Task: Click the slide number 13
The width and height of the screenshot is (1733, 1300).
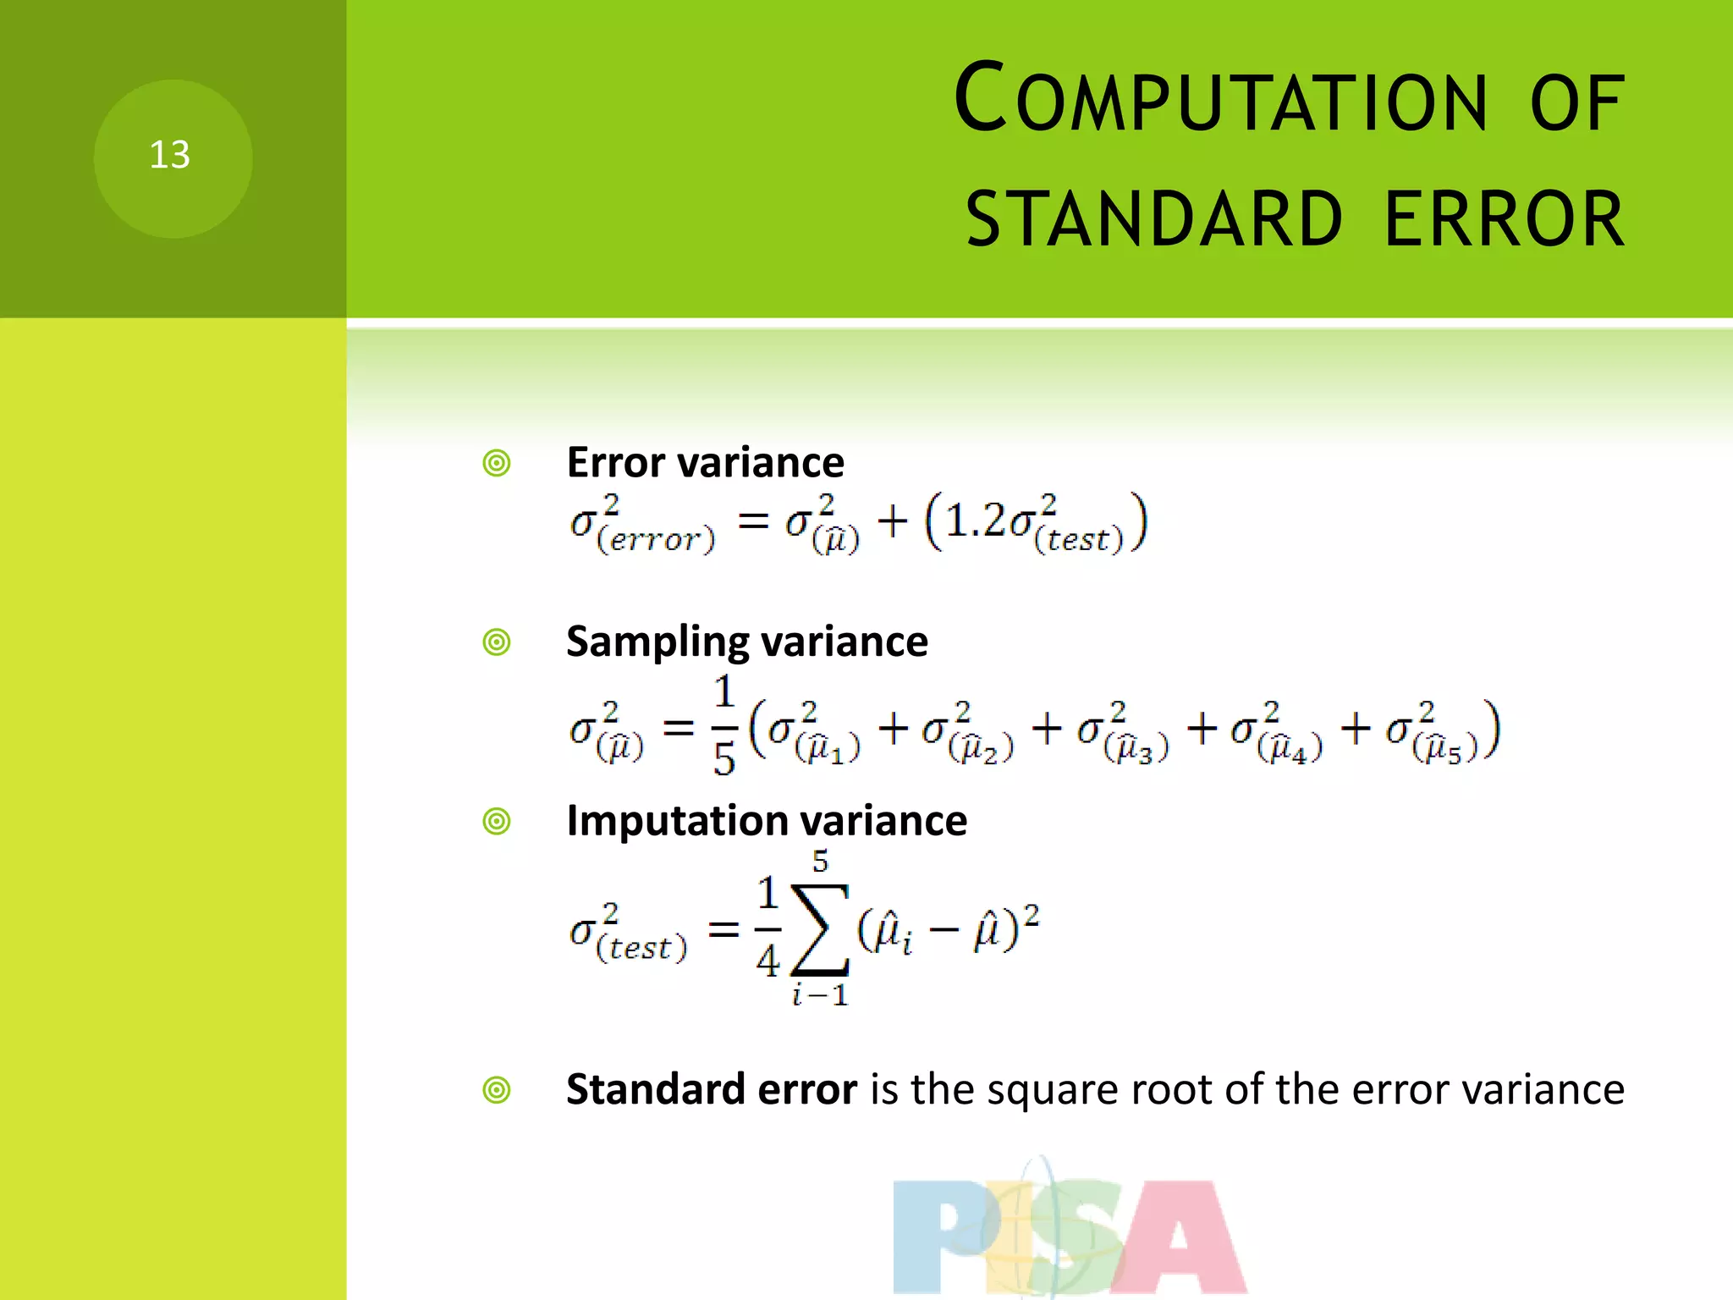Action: (x=170, y=156)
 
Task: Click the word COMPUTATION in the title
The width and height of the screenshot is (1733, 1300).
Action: (x=1219, y=100)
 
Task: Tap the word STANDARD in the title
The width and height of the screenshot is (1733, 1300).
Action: (x=1154, y=220)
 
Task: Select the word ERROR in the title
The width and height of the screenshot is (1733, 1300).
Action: (x=1505, y=220)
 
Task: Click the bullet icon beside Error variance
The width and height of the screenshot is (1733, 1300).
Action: (x=497, y=464)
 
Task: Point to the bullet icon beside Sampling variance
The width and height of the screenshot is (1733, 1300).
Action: (x=497, y=642)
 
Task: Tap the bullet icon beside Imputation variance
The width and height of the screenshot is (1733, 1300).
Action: (x=497, y=821)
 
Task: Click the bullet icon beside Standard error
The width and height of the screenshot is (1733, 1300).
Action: (x=497, y=1090)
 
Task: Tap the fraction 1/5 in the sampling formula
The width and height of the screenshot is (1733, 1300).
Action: (x=724, y=726)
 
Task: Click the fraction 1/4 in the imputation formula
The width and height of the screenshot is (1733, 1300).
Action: (x=767, y=928)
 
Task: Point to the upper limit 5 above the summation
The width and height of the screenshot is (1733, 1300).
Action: (x=820, y=862)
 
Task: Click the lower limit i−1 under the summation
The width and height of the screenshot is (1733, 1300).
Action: (x=819, y=995)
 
